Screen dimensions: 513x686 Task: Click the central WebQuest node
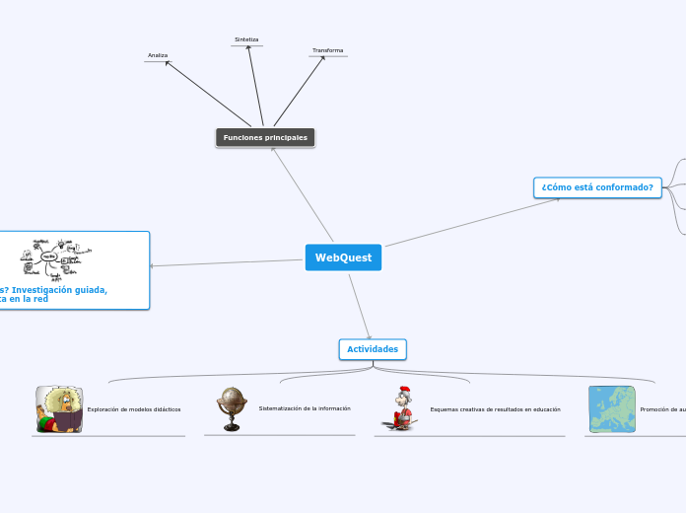point(343,257)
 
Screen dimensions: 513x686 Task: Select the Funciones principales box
point(265,137)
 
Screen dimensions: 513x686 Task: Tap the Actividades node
point(373,349)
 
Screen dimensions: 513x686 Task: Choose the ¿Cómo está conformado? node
point(597,187)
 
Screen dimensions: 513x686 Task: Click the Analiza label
point(158,55)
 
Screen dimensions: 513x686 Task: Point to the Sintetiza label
point(246,39)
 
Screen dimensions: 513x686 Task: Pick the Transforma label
point(328,50)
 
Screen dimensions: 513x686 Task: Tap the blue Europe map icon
point(611,409)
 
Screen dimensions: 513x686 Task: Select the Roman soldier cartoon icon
point(400,409)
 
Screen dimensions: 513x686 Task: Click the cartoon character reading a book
point(58,409)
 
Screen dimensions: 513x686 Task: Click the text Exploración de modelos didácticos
point(134,408)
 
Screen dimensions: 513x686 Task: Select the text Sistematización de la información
point(305,407)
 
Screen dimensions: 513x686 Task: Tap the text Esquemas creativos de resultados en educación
point(495,408)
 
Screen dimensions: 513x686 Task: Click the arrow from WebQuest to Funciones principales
point(302,193)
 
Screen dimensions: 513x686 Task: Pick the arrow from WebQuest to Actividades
point(360,306)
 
